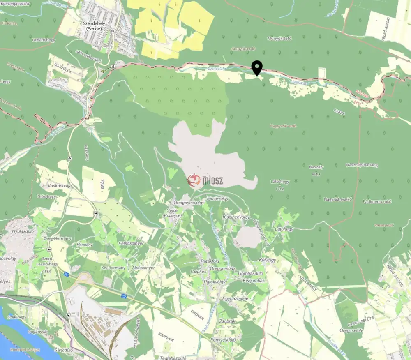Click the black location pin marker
[257, 67]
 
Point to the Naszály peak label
[316, 167]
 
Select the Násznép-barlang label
[362, 165]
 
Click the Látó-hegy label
[280, 181]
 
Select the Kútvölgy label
[268, 260]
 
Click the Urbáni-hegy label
[43, 40]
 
